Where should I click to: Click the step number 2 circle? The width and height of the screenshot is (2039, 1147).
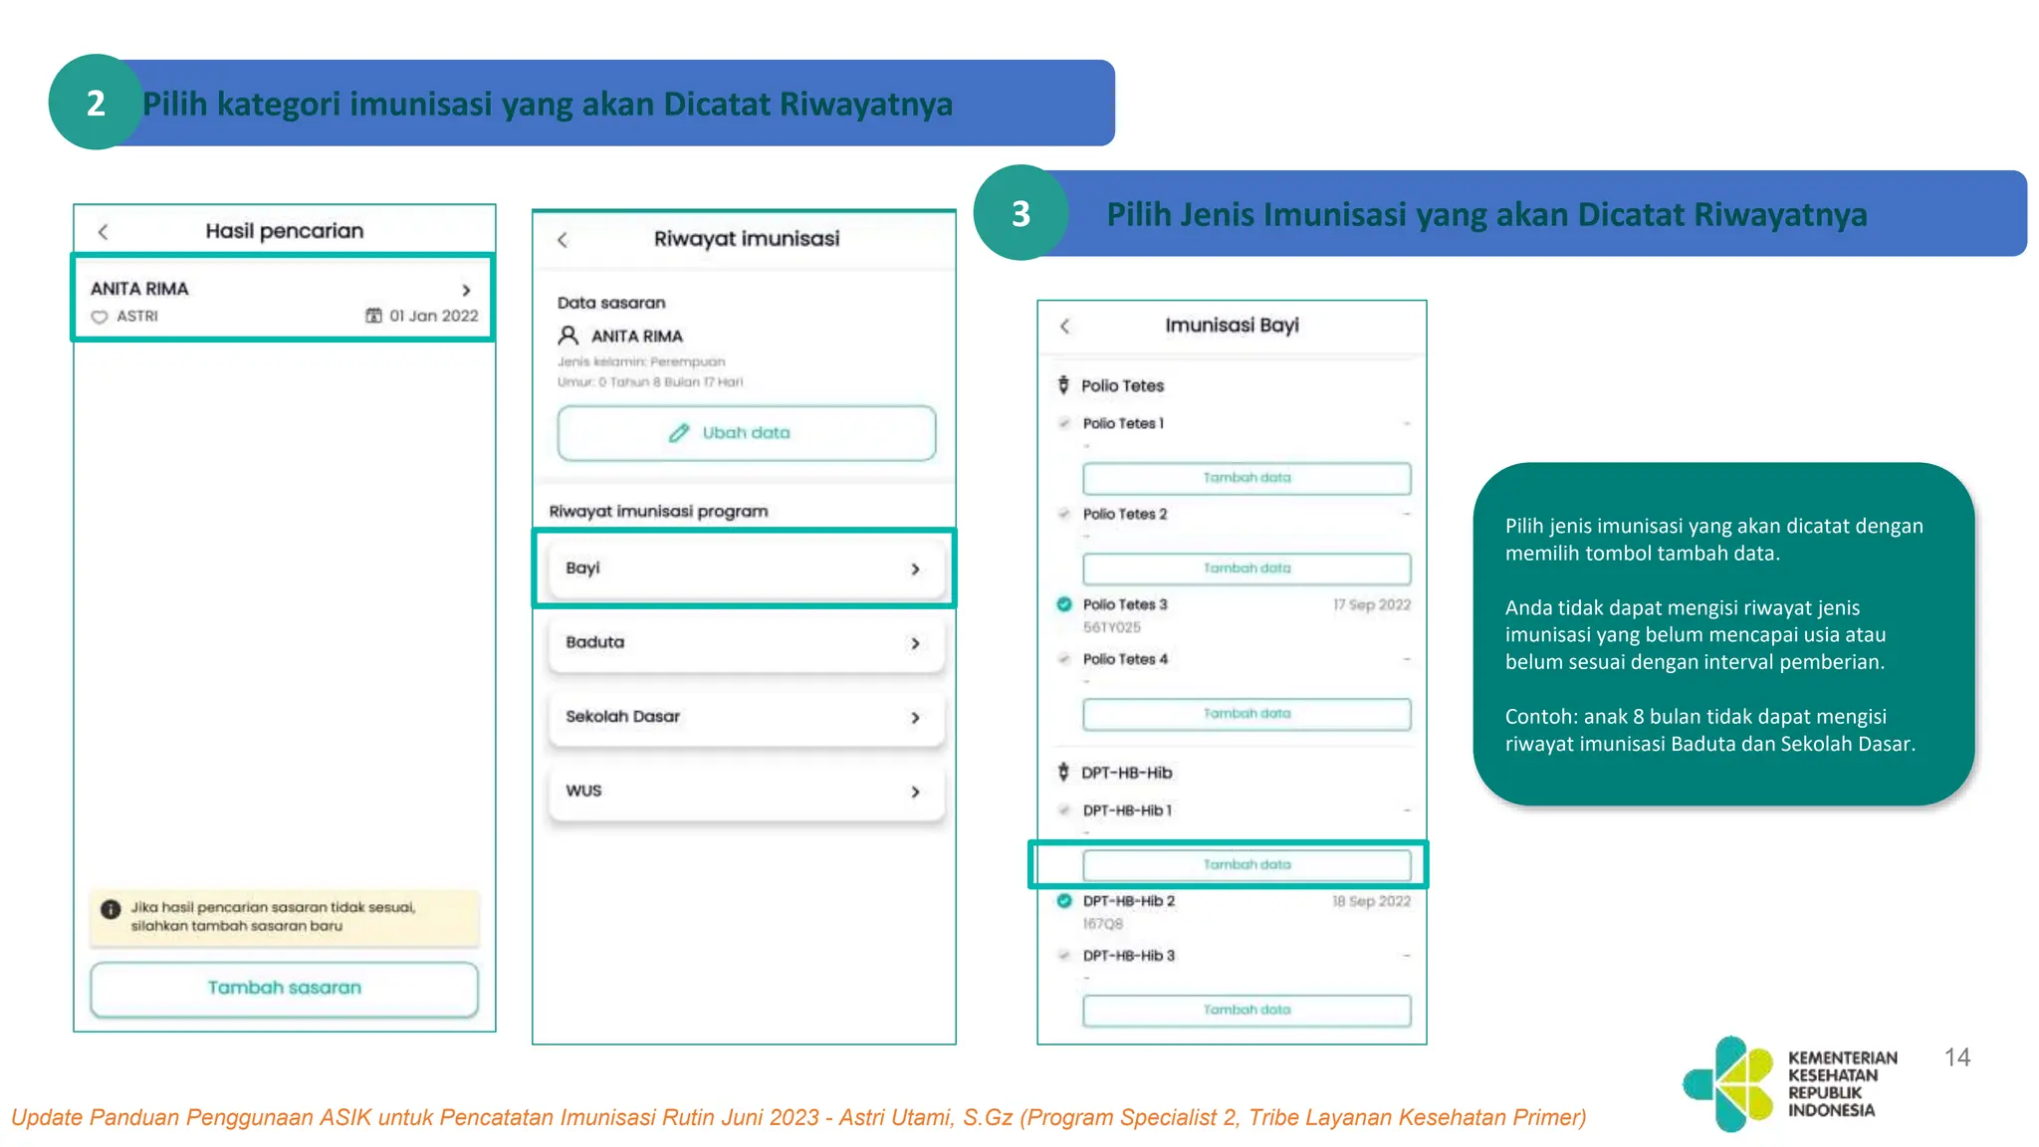(x=96, y=103)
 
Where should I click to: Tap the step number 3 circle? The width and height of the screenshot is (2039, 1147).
(x=1020, y=213)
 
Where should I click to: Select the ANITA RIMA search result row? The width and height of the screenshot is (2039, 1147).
(x=283, y=299)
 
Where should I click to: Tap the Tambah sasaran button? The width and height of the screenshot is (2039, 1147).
(x=284, y=988)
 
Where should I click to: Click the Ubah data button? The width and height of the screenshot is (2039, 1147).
(x=746, y=433)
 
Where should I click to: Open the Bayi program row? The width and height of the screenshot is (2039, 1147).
(x=745, y=569)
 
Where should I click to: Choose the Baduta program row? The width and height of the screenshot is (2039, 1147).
(x=745, y=643)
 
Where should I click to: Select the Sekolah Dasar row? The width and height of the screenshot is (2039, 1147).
(x=745, y=717)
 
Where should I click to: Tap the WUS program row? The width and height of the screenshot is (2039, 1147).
(x=745, y=792)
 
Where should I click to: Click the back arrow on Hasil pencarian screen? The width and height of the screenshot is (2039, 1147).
(x=103, y=232)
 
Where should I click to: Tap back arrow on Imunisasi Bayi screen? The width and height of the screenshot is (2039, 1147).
(x=1065, y=327)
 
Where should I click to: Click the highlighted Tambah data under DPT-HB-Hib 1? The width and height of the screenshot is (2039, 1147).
(x=1246, y=865)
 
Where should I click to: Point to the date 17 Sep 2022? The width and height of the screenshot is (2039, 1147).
(x=1371, y=605)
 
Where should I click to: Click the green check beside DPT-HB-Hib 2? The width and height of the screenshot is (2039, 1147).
(x=1064, y=901)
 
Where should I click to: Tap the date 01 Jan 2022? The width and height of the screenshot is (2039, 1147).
(x=433, y=316)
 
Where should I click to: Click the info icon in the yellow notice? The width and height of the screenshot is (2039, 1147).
(x=111, y=909)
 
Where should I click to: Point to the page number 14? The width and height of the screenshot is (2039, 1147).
(x=1956, y=1057)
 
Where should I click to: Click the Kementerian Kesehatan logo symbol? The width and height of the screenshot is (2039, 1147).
(x=1730, y=1083)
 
